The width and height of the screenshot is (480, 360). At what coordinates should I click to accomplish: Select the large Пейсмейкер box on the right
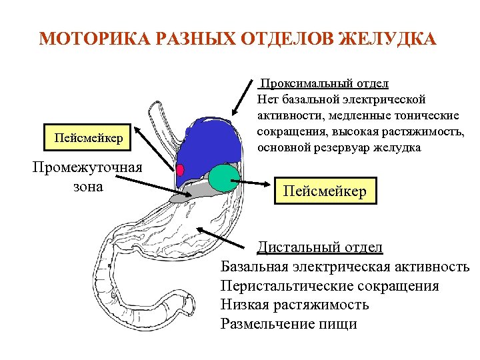click(x=325, y=191)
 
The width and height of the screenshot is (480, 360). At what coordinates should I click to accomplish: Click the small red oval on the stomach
click(x=180, y=168)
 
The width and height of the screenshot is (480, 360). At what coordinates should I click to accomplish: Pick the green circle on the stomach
click(x=223, y=177)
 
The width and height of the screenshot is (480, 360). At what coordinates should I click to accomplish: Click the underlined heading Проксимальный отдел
click(x=324, y=84)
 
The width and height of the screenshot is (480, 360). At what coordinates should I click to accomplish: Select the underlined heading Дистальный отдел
click(x=320, y=247)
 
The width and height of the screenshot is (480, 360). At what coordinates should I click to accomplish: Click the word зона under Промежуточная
click(x=87, y=186)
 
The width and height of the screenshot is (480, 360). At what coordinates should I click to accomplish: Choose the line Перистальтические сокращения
click(x=329, y=286)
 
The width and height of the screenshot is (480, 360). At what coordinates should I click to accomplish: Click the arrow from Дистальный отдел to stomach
click(x=227, y=237)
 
